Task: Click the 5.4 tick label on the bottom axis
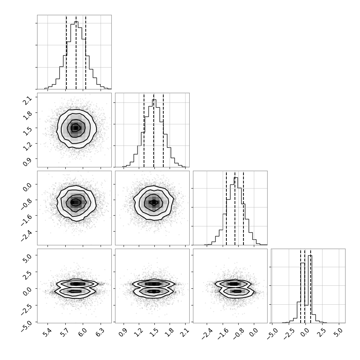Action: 47,333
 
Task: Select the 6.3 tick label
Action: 100,333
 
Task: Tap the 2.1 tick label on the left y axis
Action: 27,101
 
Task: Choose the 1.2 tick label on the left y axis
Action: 27,147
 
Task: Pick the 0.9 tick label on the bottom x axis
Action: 123,333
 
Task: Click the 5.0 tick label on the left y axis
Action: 27,259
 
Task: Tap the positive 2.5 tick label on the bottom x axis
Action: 321,333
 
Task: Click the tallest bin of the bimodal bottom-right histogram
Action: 310,289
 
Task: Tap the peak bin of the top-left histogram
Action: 76,55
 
